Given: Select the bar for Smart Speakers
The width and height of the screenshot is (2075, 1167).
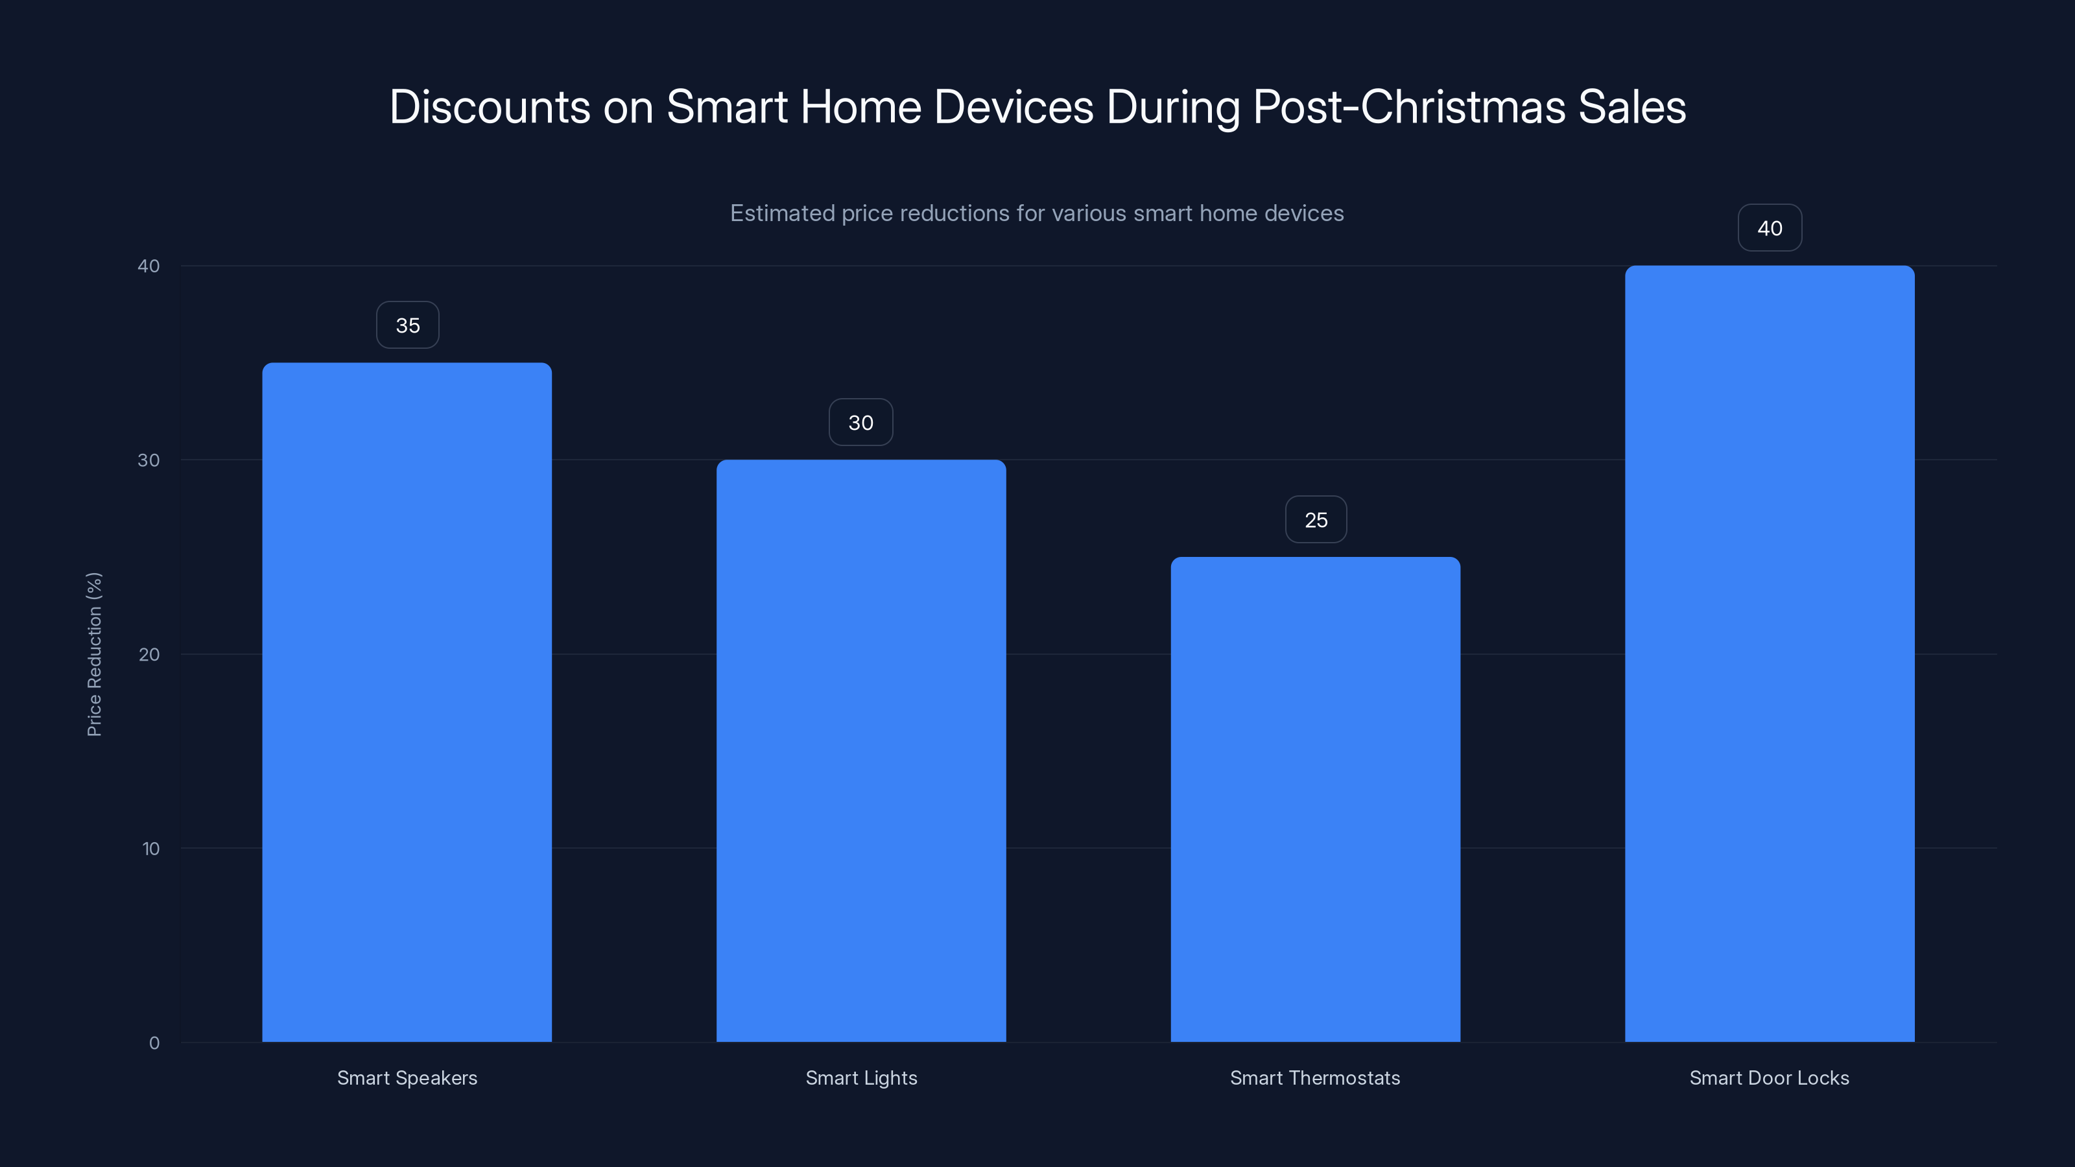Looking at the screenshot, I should coord(407,701).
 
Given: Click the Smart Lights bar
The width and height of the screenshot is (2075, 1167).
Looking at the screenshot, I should coord(861,750).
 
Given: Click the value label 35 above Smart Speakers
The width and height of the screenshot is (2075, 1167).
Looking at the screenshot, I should coord(408,325).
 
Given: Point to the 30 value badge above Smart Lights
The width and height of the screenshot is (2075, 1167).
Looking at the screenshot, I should coord(861,423).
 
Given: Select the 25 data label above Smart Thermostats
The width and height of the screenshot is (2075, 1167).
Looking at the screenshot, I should coord(1316,520).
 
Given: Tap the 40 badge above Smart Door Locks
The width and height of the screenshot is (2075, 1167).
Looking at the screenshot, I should coord(1769,229).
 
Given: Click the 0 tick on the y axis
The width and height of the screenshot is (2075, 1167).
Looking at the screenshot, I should coord(154,1043).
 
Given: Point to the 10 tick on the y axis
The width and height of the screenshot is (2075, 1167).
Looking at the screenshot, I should coord(150,849).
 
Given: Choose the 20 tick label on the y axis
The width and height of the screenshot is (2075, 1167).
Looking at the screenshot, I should coord(149,655).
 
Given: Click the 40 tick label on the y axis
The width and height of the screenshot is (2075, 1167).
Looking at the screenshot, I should coord(149,266).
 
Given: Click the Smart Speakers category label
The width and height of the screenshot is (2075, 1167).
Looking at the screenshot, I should coord(407,1078).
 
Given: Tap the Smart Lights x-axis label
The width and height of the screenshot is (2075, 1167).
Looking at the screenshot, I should coord(861,1078).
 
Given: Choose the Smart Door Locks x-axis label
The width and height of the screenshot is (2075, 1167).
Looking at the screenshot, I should coord(1769,1078).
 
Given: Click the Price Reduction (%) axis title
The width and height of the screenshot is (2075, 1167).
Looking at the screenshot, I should coord(94,654).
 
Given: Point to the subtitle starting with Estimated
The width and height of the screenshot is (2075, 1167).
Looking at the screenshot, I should coord(1037,213).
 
